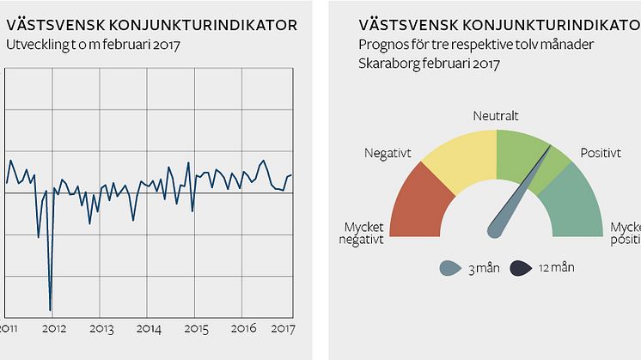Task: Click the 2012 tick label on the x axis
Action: pos(54,328)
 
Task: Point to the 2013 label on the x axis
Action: pos(101,328)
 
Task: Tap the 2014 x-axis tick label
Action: pos(150,328)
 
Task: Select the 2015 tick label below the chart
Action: pos(197,328)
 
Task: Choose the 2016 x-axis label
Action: pos(245,328)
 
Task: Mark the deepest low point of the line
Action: pos(51,309)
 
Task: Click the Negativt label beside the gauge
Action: pos(388,153)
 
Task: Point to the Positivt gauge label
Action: pos(601,153)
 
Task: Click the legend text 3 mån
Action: pos(483,269)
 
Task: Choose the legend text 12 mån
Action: pos(556,268)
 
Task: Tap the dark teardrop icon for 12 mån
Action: pos(522,267)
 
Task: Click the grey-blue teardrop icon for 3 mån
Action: pos(450,267)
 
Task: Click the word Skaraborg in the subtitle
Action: pos(386,64)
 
